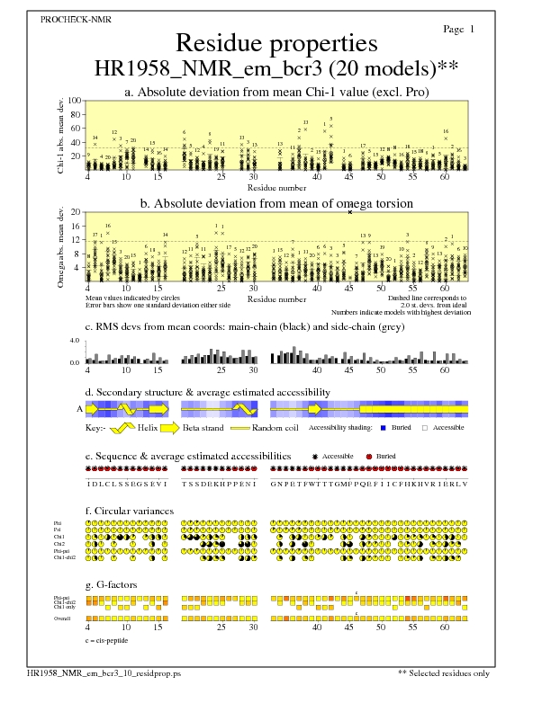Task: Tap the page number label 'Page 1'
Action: (459, 30)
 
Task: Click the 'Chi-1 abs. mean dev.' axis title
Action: (61, 135)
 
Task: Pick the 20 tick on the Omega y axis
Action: (77, 212)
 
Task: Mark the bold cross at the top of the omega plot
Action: (350, 212)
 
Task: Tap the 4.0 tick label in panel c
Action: (76, 341)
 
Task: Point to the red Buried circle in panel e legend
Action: (368, 457)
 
